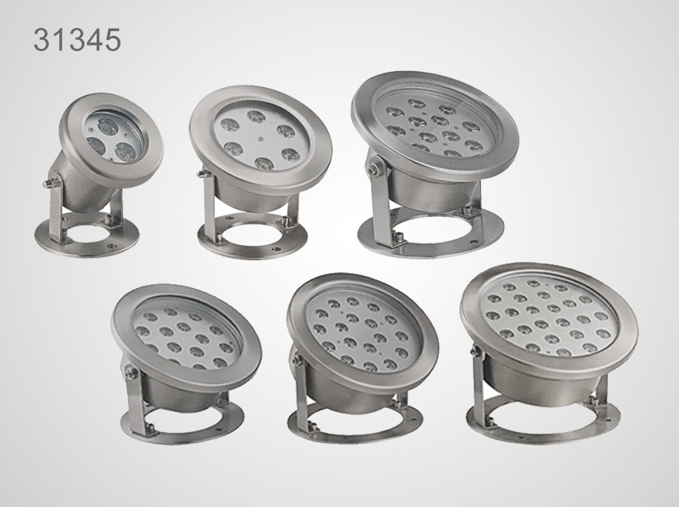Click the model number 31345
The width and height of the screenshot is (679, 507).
pos(77,40)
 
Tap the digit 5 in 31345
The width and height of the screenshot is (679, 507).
pos(113,40)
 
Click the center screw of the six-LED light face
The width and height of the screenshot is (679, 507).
pos(260,140)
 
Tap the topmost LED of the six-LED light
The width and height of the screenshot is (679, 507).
pos(256,117)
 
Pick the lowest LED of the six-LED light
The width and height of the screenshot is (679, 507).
pos(264,163)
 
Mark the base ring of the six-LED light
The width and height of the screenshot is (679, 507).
pos(252,245)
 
